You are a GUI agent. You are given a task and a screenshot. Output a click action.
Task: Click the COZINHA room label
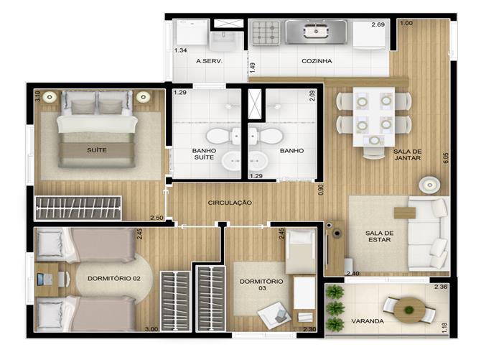tap(317, 61)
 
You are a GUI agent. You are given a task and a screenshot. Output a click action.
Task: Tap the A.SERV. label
tap(209, 61)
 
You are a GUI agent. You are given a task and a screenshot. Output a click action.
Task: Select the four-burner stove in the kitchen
tap(266, 32)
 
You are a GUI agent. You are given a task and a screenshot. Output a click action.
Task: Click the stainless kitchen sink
tap(316, 32)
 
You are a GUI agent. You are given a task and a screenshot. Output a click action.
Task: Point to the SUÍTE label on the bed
tap(97, 150)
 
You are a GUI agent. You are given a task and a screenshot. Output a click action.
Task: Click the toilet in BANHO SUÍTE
tap(223, 136)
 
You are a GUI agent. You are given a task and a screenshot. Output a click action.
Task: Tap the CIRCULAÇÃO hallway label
tap(230, 203)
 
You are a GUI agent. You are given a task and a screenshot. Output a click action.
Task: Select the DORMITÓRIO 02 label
tap(114, 279)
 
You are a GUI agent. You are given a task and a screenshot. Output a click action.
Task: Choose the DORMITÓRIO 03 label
tap(261, 285)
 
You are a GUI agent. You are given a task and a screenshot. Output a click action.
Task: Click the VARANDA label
tap(368, 321)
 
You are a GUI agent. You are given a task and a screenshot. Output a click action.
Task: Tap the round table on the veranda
tap(409, 310)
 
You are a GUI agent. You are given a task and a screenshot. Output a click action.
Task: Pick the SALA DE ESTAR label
tap(380, 236)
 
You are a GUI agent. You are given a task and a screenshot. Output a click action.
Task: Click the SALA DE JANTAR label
tap(407, 154)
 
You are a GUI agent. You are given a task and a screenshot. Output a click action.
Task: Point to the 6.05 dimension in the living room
tap(446, 158)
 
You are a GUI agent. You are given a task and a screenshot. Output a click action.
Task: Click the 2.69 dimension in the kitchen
tap(378, 24)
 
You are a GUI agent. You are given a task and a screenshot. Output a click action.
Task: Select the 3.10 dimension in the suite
tap(38, 96)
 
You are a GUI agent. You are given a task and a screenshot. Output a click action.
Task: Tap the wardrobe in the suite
tap(78, 208)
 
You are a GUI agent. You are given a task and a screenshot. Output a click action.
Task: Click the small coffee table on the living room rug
tap(405, 213)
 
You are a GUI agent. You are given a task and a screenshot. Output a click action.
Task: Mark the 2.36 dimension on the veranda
tap(441, 287)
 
